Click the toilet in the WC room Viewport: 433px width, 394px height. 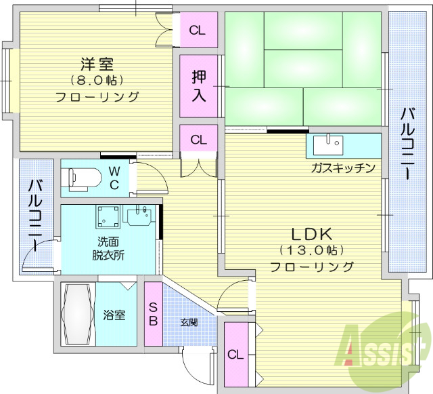(84, 178)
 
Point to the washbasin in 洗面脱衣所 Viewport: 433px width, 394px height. (141, 216)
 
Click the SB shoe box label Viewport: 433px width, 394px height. (153, 315)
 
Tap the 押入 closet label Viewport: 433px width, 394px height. (198, 86)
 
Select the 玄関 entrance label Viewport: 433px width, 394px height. (189, 322)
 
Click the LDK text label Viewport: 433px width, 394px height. (311, 235)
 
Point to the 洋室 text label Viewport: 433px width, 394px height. (97, 65)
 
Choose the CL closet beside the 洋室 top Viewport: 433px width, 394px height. (198, 30)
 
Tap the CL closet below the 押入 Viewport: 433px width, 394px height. (198, 140)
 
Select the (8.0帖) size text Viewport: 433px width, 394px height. (97, 81)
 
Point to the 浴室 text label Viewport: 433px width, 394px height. (114, 315)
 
